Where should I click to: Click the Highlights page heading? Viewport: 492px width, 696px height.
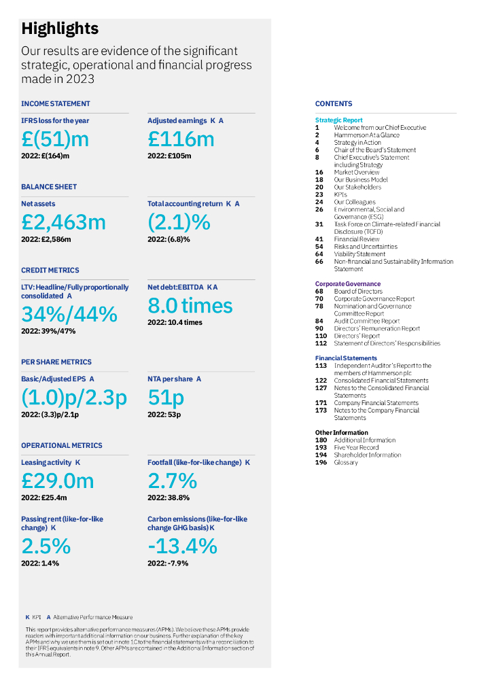tap(60, 29)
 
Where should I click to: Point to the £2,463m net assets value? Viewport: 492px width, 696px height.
tap(63, 222)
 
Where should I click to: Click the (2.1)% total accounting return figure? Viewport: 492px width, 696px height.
tap(179, 222)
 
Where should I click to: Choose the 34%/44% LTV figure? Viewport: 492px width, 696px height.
tap(69, 314)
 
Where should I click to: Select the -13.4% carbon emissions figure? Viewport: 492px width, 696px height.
tap(182, 546)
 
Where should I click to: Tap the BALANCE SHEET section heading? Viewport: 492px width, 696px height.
tap(49, 187)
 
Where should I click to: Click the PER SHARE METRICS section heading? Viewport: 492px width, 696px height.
tap(56, 362)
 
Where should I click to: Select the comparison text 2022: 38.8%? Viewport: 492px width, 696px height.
tap(168, 498)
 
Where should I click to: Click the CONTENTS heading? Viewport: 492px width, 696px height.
tap(334, 104)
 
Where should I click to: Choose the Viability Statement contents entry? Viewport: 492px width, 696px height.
tap(359, 254)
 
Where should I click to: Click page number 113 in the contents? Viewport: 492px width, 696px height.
tap(321, 366)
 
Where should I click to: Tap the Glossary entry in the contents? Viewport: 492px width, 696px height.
tap(346, 463)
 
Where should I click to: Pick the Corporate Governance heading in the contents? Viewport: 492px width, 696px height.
tap(347, 284)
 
